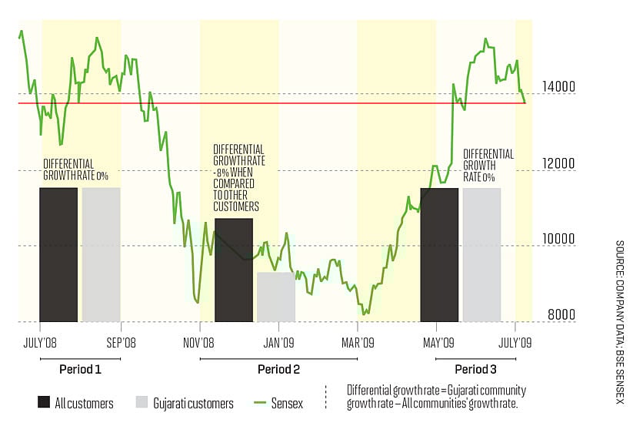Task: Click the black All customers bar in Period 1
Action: click(x=58, y=254)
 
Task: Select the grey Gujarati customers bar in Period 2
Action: click(x=276, y=297)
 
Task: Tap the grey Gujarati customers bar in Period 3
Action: click(x=481, y=254)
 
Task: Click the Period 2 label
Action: click(x=278, y=369)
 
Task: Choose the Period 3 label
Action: click(x=475, y=369)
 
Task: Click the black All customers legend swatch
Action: click(x=43, y=403)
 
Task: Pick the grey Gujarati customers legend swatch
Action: click(x=141, y=403)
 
